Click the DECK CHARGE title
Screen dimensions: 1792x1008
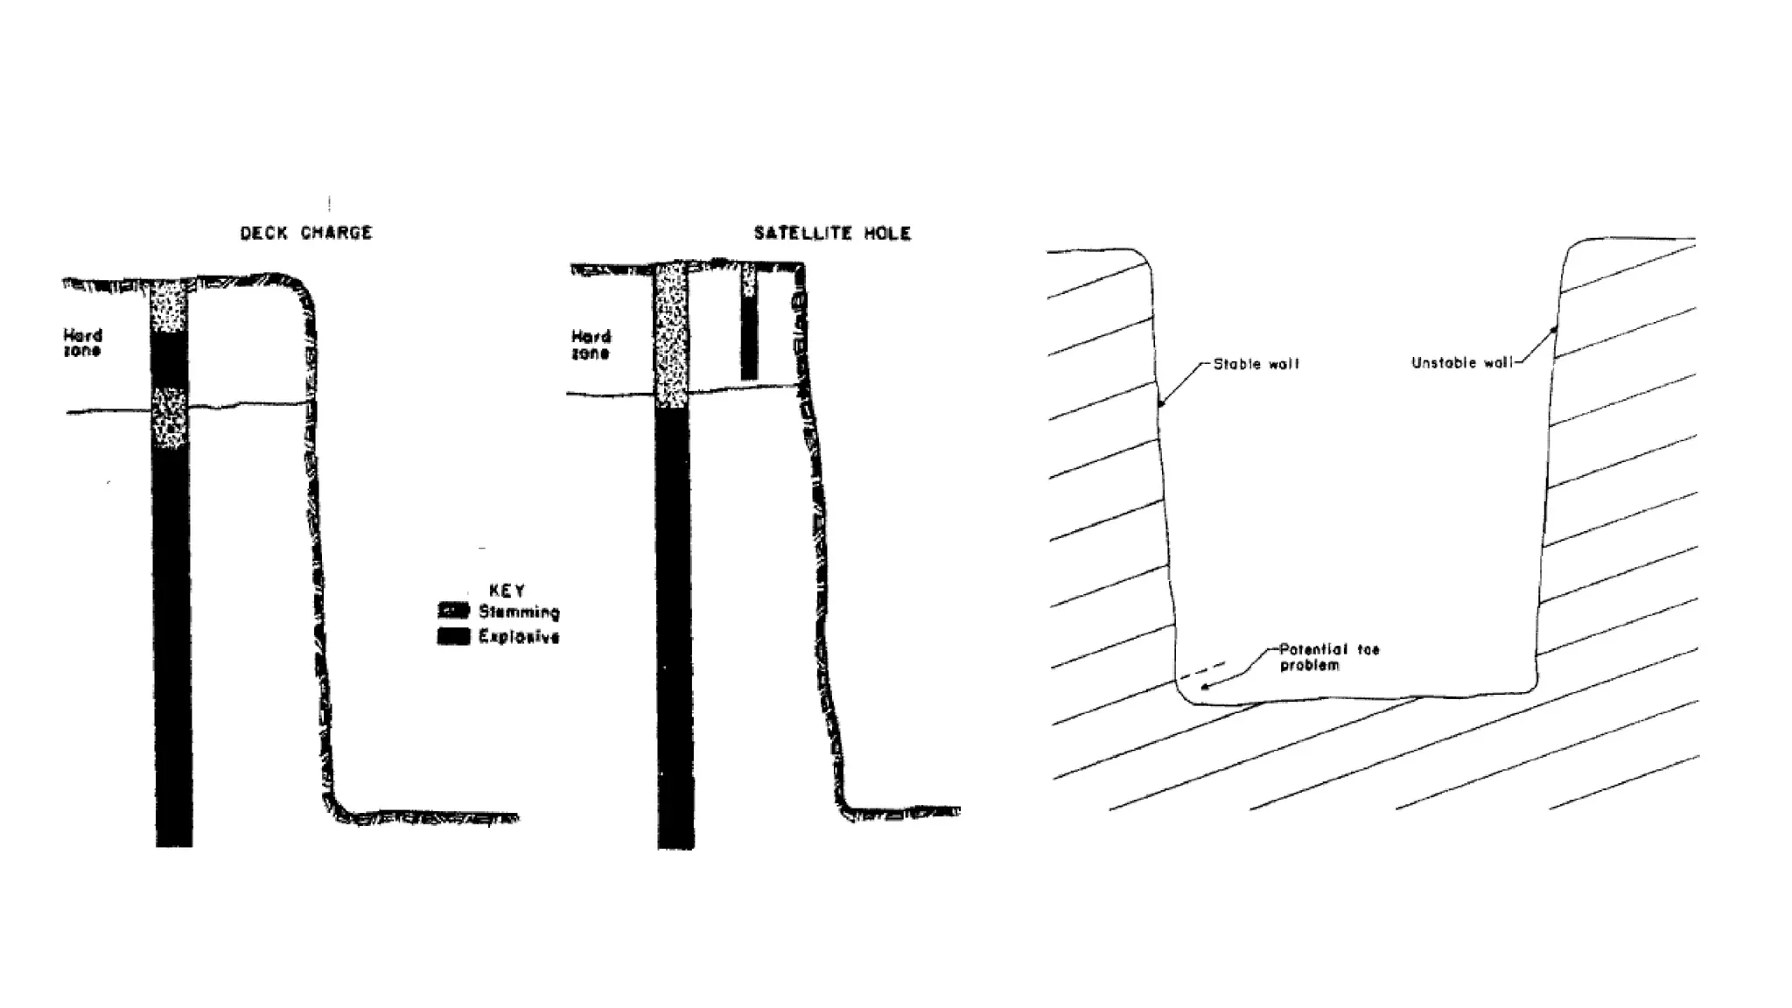pos(306,233)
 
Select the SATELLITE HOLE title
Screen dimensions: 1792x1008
pos(832,234)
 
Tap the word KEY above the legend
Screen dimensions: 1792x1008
pos(507,591)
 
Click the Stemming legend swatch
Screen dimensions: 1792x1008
pos(453,611)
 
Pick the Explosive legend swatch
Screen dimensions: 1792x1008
pos(453,636)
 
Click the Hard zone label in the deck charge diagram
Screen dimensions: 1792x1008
pos(82,343)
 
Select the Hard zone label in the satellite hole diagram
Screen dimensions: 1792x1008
pos(591,345)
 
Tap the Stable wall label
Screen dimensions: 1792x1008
pos(1256,364)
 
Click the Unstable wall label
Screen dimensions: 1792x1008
pos(1461,363)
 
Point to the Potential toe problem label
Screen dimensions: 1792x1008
pos(1328,657)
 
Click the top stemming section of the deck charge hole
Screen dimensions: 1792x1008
pos(169,306)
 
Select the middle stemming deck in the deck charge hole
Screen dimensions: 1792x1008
pos(170,418)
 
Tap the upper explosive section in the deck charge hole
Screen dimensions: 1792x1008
pos(170,360)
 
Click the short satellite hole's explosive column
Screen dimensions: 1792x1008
pos(749,337)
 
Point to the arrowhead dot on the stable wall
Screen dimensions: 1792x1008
pos(1162,404)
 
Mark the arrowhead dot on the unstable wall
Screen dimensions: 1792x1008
pos(1554,330)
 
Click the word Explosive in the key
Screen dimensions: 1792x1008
pos(519,636)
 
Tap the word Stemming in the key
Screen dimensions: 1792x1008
pos(519,612)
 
